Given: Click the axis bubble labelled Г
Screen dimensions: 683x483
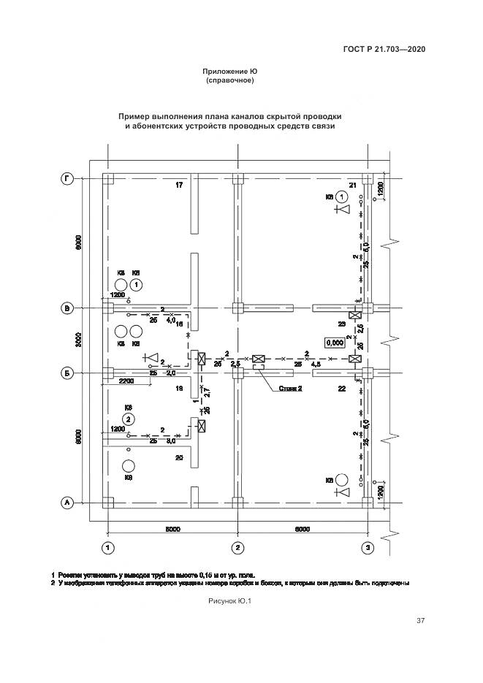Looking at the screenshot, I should (67, 178).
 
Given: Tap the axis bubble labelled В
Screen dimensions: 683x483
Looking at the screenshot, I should (67, 309).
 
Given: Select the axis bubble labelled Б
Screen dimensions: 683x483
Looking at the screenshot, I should (67, 373).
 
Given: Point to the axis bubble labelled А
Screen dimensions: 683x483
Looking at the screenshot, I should (67, 503).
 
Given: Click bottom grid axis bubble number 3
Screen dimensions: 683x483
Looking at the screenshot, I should (369, 546).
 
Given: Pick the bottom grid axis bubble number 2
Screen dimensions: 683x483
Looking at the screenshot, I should (237, 546).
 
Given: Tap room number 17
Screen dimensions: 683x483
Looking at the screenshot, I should (179, 186).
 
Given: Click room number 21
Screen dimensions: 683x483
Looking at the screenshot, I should (353, 186).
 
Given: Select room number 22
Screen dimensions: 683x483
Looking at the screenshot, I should (341, 389).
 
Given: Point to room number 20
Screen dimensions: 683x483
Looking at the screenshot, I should (179, 457).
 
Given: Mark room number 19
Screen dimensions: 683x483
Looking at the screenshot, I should (179, 389).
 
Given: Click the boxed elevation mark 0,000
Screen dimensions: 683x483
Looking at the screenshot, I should (335, 342).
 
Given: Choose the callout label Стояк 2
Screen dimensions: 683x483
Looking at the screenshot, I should (290, 389).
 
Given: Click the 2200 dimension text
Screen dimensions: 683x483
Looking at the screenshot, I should (125, 381).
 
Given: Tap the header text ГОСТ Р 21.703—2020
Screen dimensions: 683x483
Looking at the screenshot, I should (384, 50).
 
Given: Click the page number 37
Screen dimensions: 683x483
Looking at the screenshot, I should (420, 621).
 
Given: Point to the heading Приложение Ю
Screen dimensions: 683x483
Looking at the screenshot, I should (230, 71).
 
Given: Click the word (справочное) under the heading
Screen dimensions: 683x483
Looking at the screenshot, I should (230, 80).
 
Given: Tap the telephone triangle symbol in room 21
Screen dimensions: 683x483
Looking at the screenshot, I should (343, 210).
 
